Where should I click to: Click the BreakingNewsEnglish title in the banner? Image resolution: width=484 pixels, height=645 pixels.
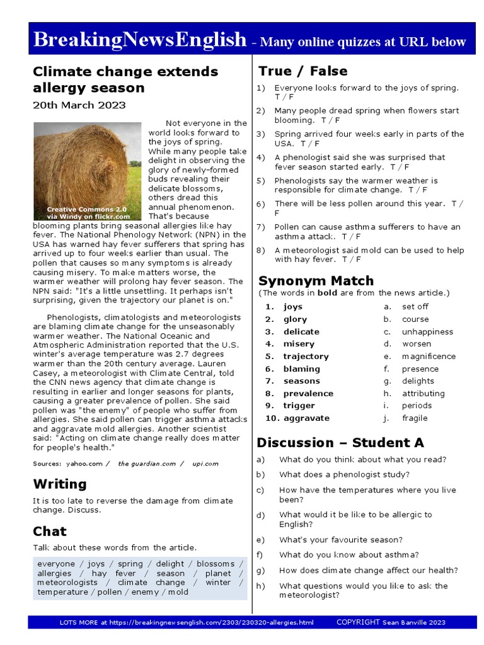[139, 40]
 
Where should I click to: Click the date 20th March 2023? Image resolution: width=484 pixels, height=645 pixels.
[79, 105]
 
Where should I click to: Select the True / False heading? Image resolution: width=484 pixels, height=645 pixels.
[303, 71]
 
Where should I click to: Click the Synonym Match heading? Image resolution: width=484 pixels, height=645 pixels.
[316, 280]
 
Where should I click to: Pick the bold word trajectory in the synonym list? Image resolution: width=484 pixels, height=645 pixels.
[306, 357]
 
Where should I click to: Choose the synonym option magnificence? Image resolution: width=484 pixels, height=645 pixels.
[429, 357]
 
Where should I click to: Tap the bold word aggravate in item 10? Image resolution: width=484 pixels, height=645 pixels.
[306, 418]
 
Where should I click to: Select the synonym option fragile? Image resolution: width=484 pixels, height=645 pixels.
[415, 418]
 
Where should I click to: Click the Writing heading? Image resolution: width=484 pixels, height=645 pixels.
[60, 484]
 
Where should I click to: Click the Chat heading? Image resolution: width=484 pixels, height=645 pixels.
[50, 531]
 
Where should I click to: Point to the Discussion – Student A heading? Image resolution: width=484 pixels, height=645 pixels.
[340, 442]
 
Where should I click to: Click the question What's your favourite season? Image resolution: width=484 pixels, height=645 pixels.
[341, 540]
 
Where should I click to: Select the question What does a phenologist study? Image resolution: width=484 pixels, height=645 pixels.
[344, 475]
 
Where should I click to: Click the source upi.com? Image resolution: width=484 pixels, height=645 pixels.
[205, 464]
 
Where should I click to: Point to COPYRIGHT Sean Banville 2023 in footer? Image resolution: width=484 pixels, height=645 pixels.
[391, 622]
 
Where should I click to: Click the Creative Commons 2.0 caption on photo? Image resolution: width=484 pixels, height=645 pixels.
[87, 208]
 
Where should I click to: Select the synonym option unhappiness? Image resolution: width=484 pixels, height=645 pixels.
[427, 332]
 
